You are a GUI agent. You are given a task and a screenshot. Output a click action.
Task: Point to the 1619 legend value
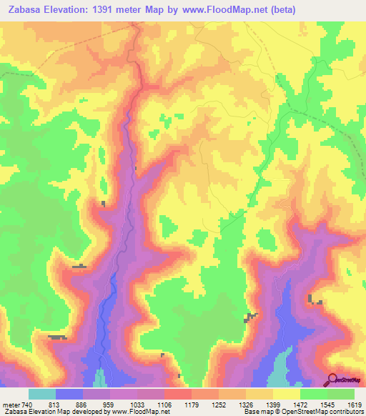[x=355, y=405]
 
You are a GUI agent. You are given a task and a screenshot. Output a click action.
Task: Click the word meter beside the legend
[x=11, y=405]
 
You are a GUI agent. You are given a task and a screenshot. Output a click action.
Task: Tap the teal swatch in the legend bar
[x=42, y=394]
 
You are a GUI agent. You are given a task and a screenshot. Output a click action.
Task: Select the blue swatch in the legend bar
[x=69, y=394]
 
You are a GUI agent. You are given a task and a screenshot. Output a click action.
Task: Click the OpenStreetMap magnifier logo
[x=332, y=379]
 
